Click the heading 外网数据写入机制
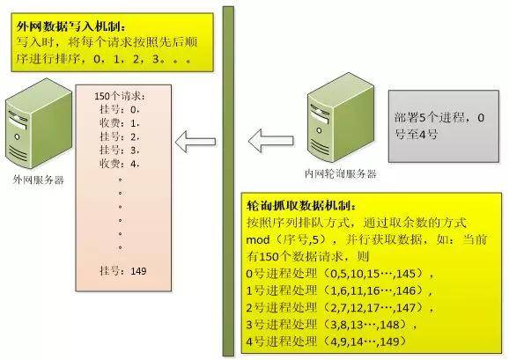pyautogui.click(x=70, y=26)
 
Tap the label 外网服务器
pyautogui.click(x=38, y=180)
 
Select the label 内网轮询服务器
pyautogui.click(x=341, y=173)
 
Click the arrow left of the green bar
pyautogui.click(x=195, y=142)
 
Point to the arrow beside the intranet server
pyautogui.click(x=270, y=141)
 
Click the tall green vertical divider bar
pyautogui.click(x=228, y=181)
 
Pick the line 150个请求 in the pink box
pyautogui.click(x=120, y=96)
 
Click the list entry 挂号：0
pyautogui.click(x=120, y=110)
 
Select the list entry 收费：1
pyautogui.click(x=120, y=123)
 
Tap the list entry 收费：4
pyautogui.click(x=120, y=164)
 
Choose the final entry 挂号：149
pyautogui.click(x=123, y=271)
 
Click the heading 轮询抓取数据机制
pyautogui.click(x=301, y=206)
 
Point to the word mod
pyautogui.click(x=258, y=240)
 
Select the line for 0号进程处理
pyautogui.click(x=340, y=274)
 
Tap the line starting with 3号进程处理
pyautogui.click(x=331, y=324)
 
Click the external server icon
pyautogui.click(x=39, y=123)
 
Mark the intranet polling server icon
pyautogui.click(x=341, y=117)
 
